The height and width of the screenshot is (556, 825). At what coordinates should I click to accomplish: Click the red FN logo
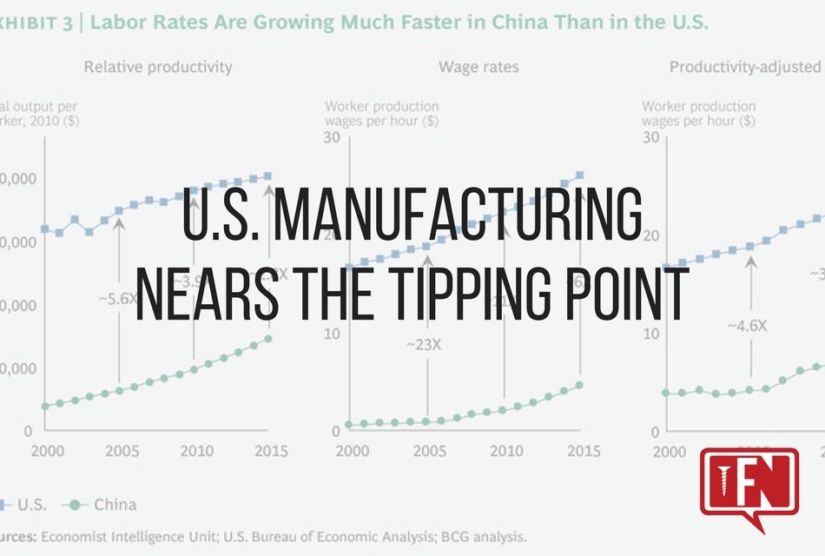749,486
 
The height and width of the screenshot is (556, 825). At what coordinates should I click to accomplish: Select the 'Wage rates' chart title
478,66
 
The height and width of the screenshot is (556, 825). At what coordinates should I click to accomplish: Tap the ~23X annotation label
424,344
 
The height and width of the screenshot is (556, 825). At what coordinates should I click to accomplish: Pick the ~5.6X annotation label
116,298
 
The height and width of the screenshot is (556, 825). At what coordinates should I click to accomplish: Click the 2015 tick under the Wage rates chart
578,451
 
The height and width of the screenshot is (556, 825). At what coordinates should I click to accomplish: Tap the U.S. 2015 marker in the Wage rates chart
579,175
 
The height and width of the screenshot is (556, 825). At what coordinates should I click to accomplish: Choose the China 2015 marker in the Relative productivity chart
267,339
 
